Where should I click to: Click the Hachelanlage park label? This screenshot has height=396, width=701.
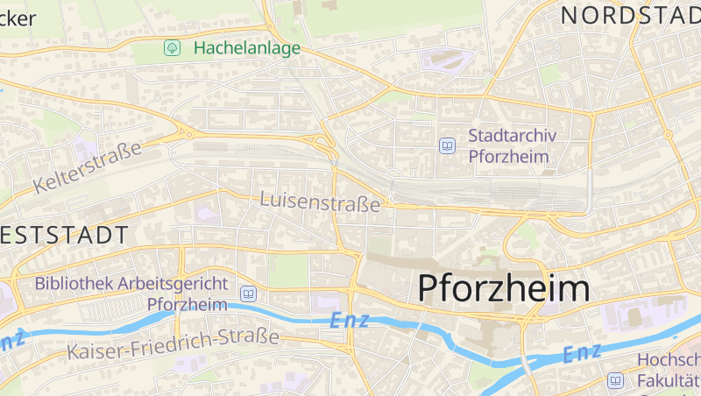point(246,47)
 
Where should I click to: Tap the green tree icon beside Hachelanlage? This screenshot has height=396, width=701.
point(173,47)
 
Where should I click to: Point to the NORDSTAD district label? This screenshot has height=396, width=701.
point(630,15)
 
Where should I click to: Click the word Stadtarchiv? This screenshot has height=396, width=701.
point(518,136)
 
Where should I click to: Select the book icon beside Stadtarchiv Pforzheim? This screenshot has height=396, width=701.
point(448,145)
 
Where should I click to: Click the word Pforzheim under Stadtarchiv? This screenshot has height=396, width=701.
point(508,157)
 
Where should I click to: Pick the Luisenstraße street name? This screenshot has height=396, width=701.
point(320,202)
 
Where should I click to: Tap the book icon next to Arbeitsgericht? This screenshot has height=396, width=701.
point(248,293)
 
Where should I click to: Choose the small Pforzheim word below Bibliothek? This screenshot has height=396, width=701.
point(188,304)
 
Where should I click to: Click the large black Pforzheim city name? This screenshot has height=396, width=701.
point(503,287)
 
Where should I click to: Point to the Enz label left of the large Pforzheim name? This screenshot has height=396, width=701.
point(350,321)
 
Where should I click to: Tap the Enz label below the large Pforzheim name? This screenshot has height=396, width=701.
point(582,352)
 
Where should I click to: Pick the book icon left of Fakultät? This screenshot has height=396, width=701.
point(616,381)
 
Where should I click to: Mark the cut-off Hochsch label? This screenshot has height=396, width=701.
point(669,360)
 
